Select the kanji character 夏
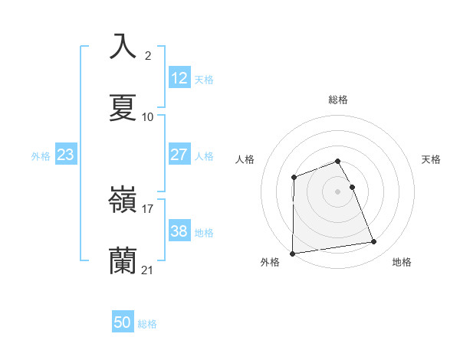pyautogui.click(x=123, y=107)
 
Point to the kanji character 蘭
pyautogui.click(x=123, y=261)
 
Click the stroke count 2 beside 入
pyautogui.click(x=148, y=55)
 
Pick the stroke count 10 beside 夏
pyautogui.click(x=148, y=117)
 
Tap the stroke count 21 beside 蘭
pyautogui.click(x=148, y=270)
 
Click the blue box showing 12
pyautogui.click(x=179, y=78)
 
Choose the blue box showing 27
pyautogui.click(x=179, y=155)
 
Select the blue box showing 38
pyautogui.click(x=179, y=231)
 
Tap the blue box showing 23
pyautogui.click(x=65, y=155)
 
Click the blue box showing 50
pyautogui.click(x=123, y=323)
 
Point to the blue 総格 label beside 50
pyautogui.click(x=147, y=324)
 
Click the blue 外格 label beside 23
pyautogui.click(x=41, y=156)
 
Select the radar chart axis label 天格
pyautogui.click(x=432, y=159)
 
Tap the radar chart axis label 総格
pyautogui.click(x=338, y=100)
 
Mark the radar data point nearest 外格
pyautogui.click(x=292, y=254)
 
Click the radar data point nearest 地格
pyautogui.click(x=374, y=242)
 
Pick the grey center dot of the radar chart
pyautogui.click(x=338, y=191)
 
